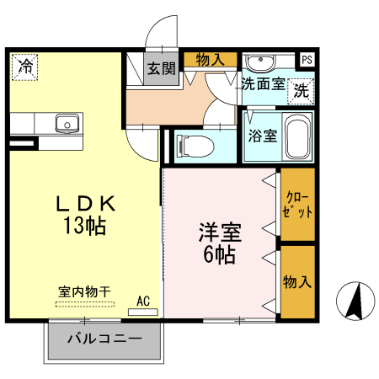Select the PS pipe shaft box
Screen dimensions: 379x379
point(307,59)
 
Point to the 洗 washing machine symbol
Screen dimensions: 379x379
point(301,91)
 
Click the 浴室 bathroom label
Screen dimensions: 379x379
point(262,136)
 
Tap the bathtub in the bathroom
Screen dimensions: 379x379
point(296,136)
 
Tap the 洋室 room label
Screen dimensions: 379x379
point(220,231)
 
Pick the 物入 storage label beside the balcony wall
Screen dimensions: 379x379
point(297,281)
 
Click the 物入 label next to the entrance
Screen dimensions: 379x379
point(211,59)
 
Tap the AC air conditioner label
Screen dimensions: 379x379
point(143,300)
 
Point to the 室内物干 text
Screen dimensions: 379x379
point(84,291)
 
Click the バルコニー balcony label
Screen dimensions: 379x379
point(104,341)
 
